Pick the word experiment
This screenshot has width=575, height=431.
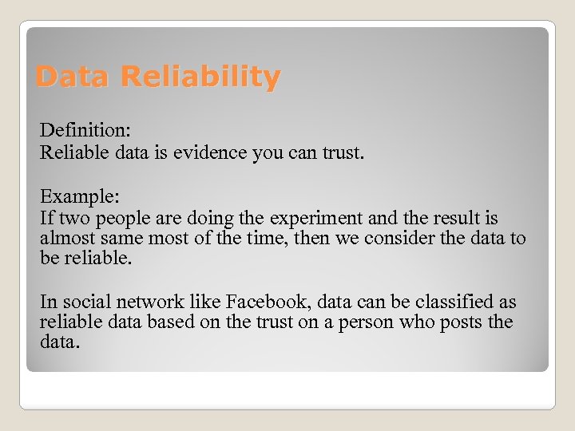coord(315,218)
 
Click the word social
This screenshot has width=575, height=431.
coord(80,302)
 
